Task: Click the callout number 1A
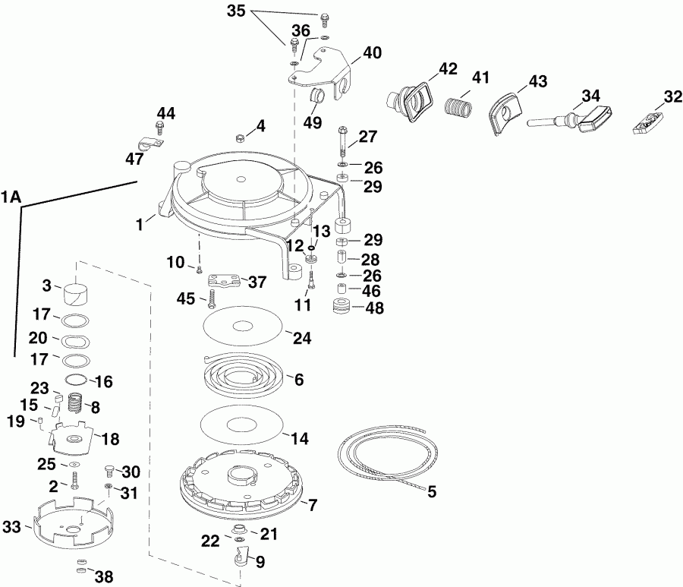point(11,198)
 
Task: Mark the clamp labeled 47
point(146,144)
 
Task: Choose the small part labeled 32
point(647,124)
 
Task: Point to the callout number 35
point(237,11)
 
